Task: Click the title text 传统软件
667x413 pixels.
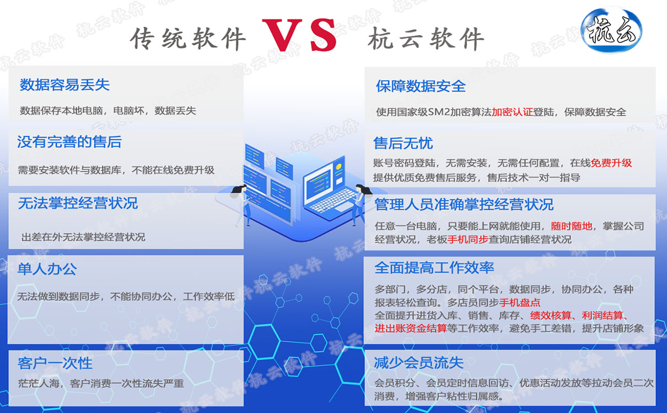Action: point(187,39)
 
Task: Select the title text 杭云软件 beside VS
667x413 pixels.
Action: point(426,39)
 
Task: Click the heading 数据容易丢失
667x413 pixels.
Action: point(64,85)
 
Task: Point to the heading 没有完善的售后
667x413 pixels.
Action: point(69,143)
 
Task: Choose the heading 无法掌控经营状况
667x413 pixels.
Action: point(78,204)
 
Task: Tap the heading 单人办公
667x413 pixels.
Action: point(47,269)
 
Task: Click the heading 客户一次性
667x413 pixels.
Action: point(55,363)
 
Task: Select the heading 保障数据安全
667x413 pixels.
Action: point(421,86)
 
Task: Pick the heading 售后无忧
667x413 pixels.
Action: point(403,144)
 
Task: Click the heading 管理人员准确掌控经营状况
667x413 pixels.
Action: point(464,205)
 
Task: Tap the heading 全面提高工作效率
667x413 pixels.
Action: point(434,268)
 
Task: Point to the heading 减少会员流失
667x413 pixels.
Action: point(418,363)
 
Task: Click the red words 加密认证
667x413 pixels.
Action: point(512,112)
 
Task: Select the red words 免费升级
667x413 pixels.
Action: point(611,163)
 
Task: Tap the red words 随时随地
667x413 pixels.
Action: point(572,226)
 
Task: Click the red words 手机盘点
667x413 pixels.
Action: point(519,302)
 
